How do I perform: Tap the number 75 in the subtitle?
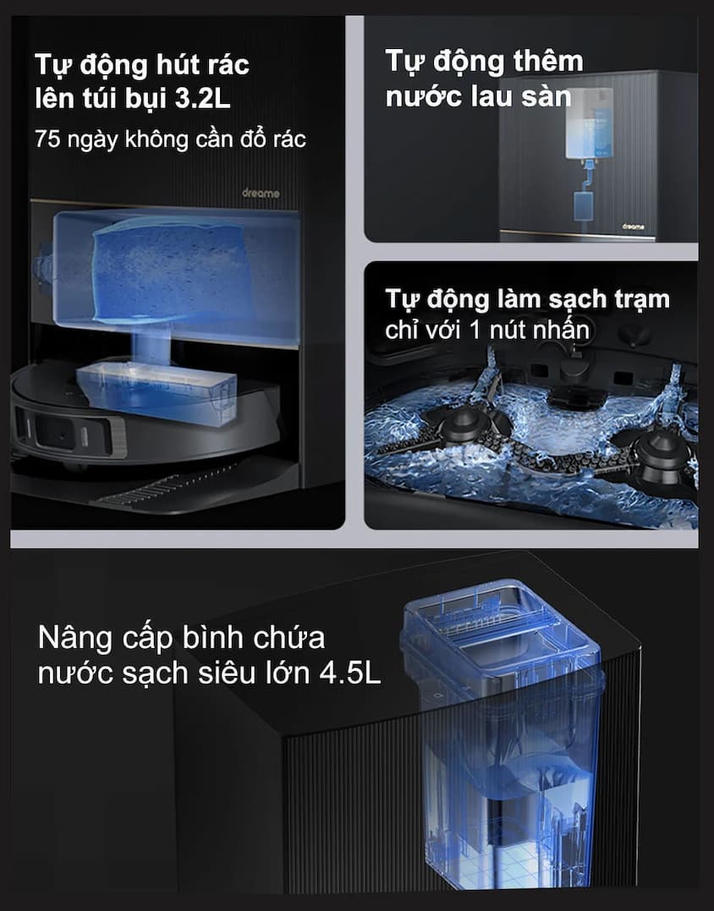[47, 139]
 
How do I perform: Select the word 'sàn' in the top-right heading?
[541, 95]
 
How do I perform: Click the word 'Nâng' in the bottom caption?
[77, 638]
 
